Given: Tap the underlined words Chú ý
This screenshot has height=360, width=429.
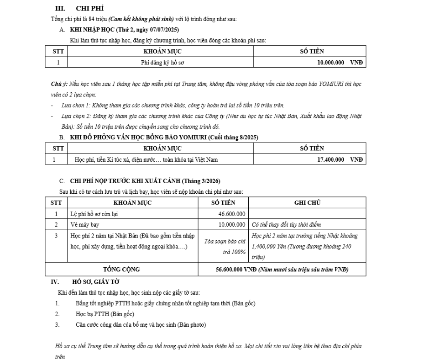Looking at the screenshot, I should click(x=59, y=85).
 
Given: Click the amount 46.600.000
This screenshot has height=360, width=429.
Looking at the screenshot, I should click(x=232, y=213).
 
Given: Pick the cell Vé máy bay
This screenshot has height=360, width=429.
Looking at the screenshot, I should click(x=85, y=224).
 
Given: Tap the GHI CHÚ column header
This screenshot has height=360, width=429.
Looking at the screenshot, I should click(x=307, y=202).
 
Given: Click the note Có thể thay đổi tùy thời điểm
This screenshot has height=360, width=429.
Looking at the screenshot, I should click(x=286, y=224).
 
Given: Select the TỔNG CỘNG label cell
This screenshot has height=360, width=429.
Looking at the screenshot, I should click(x=121, y=270).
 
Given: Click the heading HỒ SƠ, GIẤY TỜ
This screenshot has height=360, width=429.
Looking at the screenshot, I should click(x=95, y=282).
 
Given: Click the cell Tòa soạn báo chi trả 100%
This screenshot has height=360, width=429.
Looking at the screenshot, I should click(x=225, y=246).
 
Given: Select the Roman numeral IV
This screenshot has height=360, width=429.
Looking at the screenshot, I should click(x=55, y=282).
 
